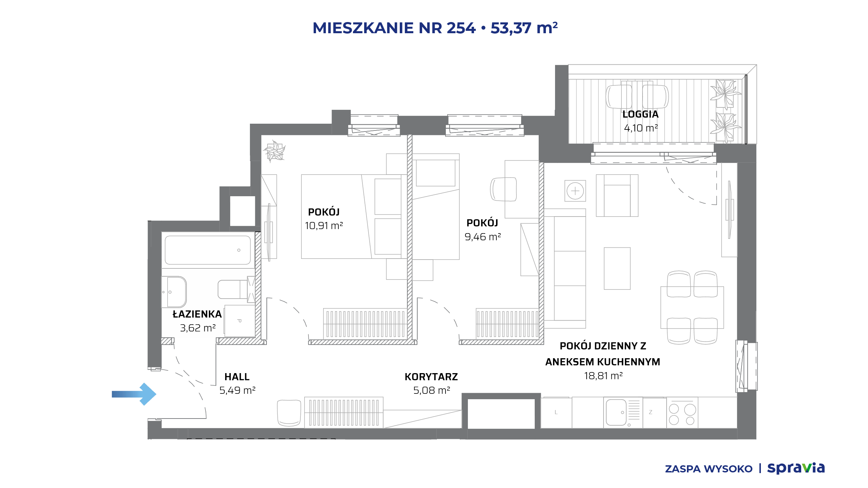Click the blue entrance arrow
click(x=134, y=394)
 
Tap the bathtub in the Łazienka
click(x=208, y=250)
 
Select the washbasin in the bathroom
click(x=174, y=292)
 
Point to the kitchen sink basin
click(x=616, y=412)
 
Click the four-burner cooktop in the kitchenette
click(x=682, y=413)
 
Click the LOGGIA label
click(x=640, y=114)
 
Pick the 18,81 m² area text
click(x=603, y=376)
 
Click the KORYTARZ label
click(x=431, y=377)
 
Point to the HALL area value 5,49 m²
click(x=237, y=390)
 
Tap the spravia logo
click(x=796, y=468)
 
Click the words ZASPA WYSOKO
click(x=709, y=469)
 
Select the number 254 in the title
click(x=461, y=28)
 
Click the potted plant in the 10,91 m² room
click(x=275, y=151)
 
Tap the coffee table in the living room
click(x=617, y=268)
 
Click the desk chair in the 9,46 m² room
click(x=503, y=189)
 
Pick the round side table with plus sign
click(x=575, y=191)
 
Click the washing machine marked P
click(x=240, y=321)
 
